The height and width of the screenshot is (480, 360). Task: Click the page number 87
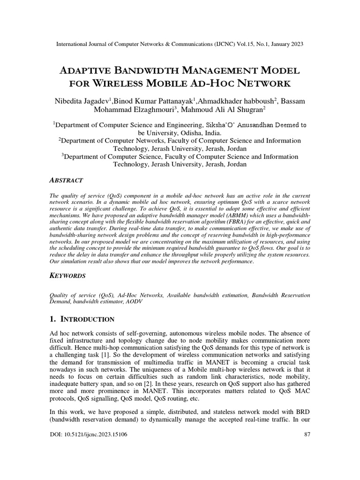(x=307, y=435)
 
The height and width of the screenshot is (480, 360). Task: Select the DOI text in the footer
(x=88, y=435)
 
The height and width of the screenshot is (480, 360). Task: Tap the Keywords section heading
(x=67, y=276)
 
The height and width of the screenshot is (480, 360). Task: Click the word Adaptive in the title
(x=86, y=71)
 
